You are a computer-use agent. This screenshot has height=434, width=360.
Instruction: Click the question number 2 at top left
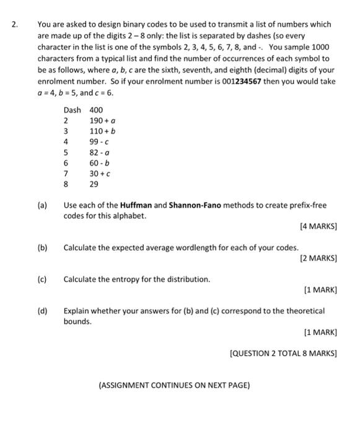point(15,25)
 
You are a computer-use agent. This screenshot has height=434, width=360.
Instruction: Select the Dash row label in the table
point(72,110)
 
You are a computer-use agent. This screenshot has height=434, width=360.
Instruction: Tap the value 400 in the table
point(97,110)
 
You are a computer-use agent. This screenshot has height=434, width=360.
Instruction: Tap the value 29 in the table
point(94,184)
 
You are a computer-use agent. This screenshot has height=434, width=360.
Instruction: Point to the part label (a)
point(43,205)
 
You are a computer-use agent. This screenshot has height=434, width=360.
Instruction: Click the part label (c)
point(43,279)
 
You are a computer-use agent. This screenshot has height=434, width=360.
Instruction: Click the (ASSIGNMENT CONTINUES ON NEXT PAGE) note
point(174,385)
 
